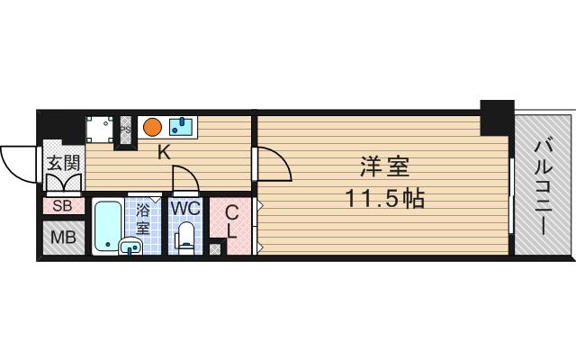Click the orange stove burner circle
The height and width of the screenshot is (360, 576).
tap(153, 126)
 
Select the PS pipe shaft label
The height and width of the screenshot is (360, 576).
tap(126, 129)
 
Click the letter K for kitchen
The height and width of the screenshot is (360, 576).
tap(164, 152)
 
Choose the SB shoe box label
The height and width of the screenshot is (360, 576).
tap(63, 206)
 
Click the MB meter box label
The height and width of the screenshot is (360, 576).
tap(63, 238)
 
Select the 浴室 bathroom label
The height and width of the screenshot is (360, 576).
tap(143, 216)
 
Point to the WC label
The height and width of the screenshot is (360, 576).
tap(185, 208)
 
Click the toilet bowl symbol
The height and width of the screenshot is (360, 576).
tap(185, 237)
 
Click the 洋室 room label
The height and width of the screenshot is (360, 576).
tap(384, 168)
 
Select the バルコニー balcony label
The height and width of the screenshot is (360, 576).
tap(544, 184)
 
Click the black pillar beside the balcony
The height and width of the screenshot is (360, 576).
tap(496, 115)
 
